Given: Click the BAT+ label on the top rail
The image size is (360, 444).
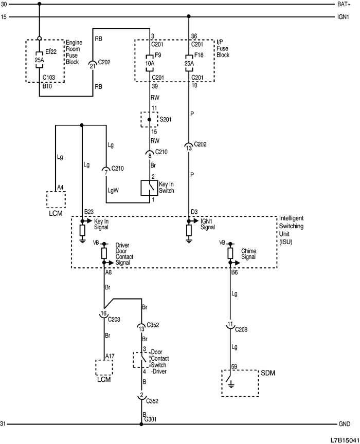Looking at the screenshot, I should pos(344,4).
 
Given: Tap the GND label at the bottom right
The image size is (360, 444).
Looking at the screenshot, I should pos(344,424).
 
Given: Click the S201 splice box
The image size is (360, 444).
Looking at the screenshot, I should pos(150,119).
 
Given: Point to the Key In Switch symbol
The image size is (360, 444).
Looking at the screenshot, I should pos(149,188).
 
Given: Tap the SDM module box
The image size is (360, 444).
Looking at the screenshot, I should pos(240,382).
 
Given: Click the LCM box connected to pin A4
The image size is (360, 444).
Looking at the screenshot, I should pos(56,200).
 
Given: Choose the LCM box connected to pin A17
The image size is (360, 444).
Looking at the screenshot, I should pos(104,367).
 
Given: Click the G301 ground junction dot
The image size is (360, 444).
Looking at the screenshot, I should pos(141,424).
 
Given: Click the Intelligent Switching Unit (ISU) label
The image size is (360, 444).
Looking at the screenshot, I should pos(292,229).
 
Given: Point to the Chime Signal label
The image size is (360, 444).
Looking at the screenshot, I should pos(249,254).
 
